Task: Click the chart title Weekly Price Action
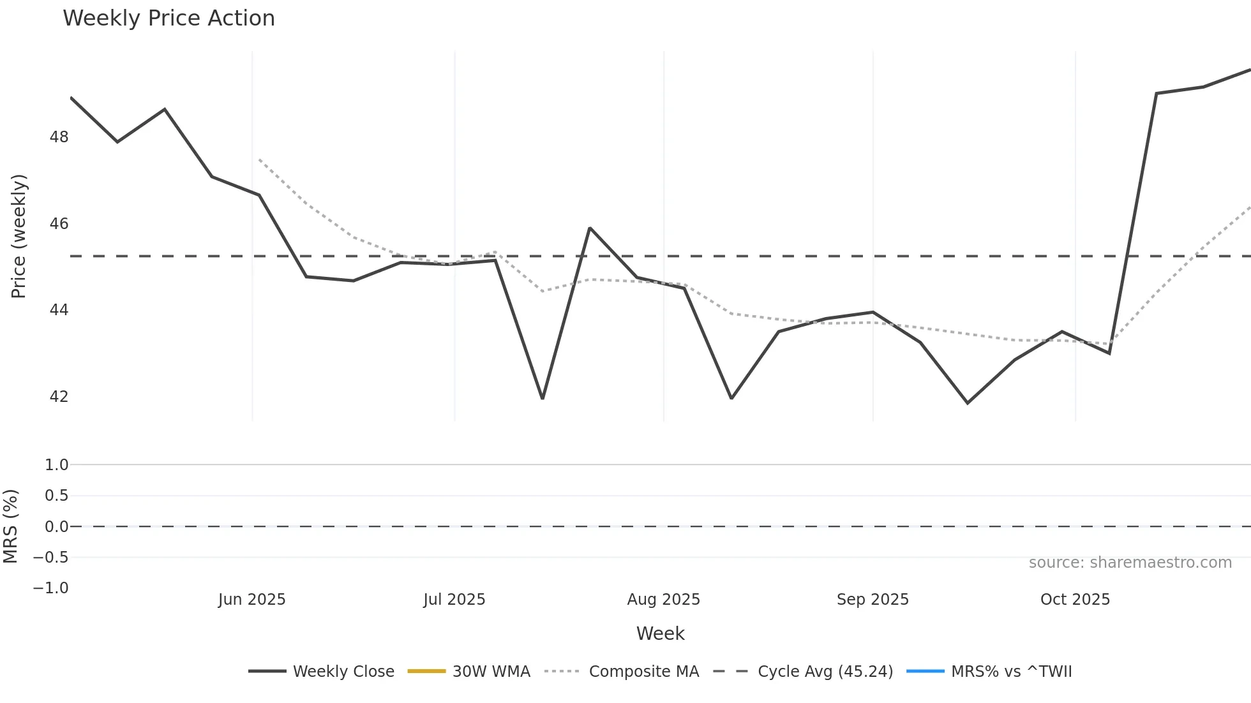click(169, 18)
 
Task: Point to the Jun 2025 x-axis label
click(252, 600)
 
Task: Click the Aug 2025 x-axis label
click(664, 600)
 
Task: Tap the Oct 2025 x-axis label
click(1075, 600)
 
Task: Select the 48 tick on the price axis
click(59, 137)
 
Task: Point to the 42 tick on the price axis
click(59, 396)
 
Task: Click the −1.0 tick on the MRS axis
click(51, 588)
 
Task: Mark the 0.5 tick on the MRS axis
click(56, 496)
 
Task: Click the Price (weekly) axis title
click(19, 236)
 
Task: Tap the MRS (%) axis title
click(11, 526)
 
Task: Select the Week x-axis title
click(660, 633)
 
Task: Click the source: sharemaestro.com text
click(1130, 563)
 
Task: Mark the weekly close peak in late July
click(590, 228)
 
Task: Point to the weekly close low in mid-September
click(968, 403)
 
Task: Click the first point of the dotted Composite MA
click(259, 159)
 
